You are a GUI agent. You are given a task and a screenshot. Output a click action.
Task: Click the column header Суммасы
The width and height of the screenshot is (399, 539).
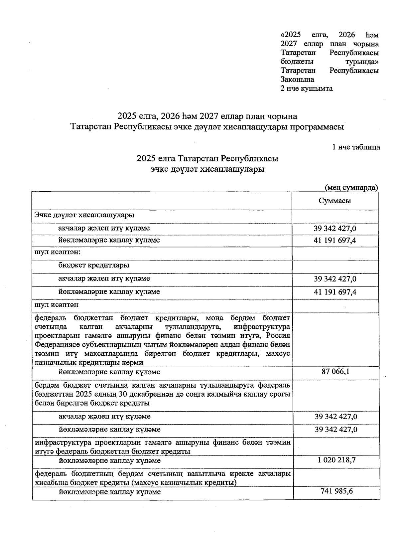[x=335, y=201]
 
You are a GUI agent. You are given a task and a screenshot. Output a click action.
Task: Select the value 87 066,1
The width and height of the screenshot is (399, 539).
[x=335, y=372]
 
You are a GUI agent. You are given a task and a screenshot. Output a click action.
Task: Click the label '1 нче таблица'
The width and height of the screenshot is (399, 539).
[x=356, y=147]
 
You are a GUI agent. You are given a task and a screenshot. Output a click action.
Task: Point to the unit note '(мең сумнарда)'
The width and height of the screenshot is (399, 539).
[x=351, y=187]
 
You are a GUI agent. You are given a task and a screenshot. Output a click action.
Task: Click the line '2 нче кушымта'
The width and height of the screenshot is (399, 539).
[x=307, y=89]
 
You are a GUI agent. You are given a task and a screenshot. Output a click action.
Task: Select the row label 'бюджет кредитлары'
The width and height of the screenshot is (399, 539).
[x=94, y=265]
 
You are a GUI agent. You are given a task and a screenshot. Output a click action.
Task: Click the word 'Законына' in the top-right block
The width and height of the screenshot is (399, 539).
[x=297, y=80]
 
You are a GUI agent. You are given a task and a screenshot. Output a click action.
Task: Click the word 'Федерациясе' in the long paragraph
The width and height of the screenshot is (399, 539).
[x=55, y=345]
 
